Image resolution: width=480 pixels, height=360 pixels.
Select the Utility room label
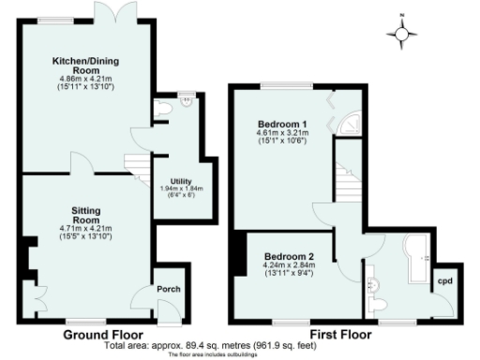[x=181, y=180]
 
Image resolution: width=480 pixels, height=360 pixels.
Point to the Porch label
[x=169, y=289]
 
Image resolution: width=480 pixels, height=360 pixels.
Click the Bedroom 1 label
[x=282, y=125]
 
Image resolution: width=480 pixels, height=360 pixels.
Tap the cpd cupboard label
[x=444, y=279]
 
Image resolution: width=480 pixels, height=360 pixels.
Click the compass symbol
[x=403, y=34]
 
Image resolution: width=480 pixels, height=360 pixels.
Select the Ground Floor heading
[x=103, y=334]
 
